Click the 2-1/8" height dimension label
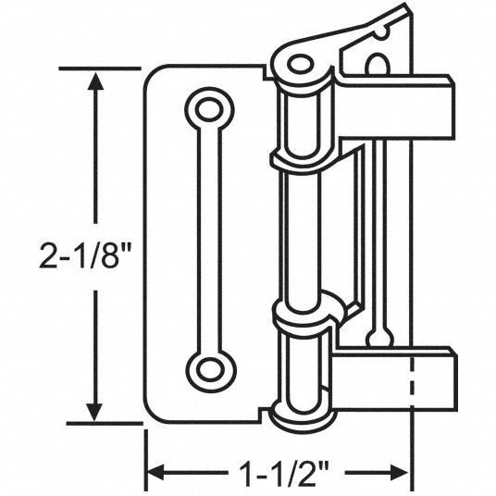point(85,255)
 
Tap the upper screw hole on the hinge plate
point(209,109)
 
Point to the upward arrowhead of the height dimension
point(95,81)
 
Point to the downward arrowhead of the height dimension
point(95,412)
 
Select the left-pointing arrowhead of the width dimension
point(156,473)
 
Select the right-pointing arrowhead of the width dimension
point(399,473)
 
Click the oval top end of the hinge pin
point(300,63)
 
